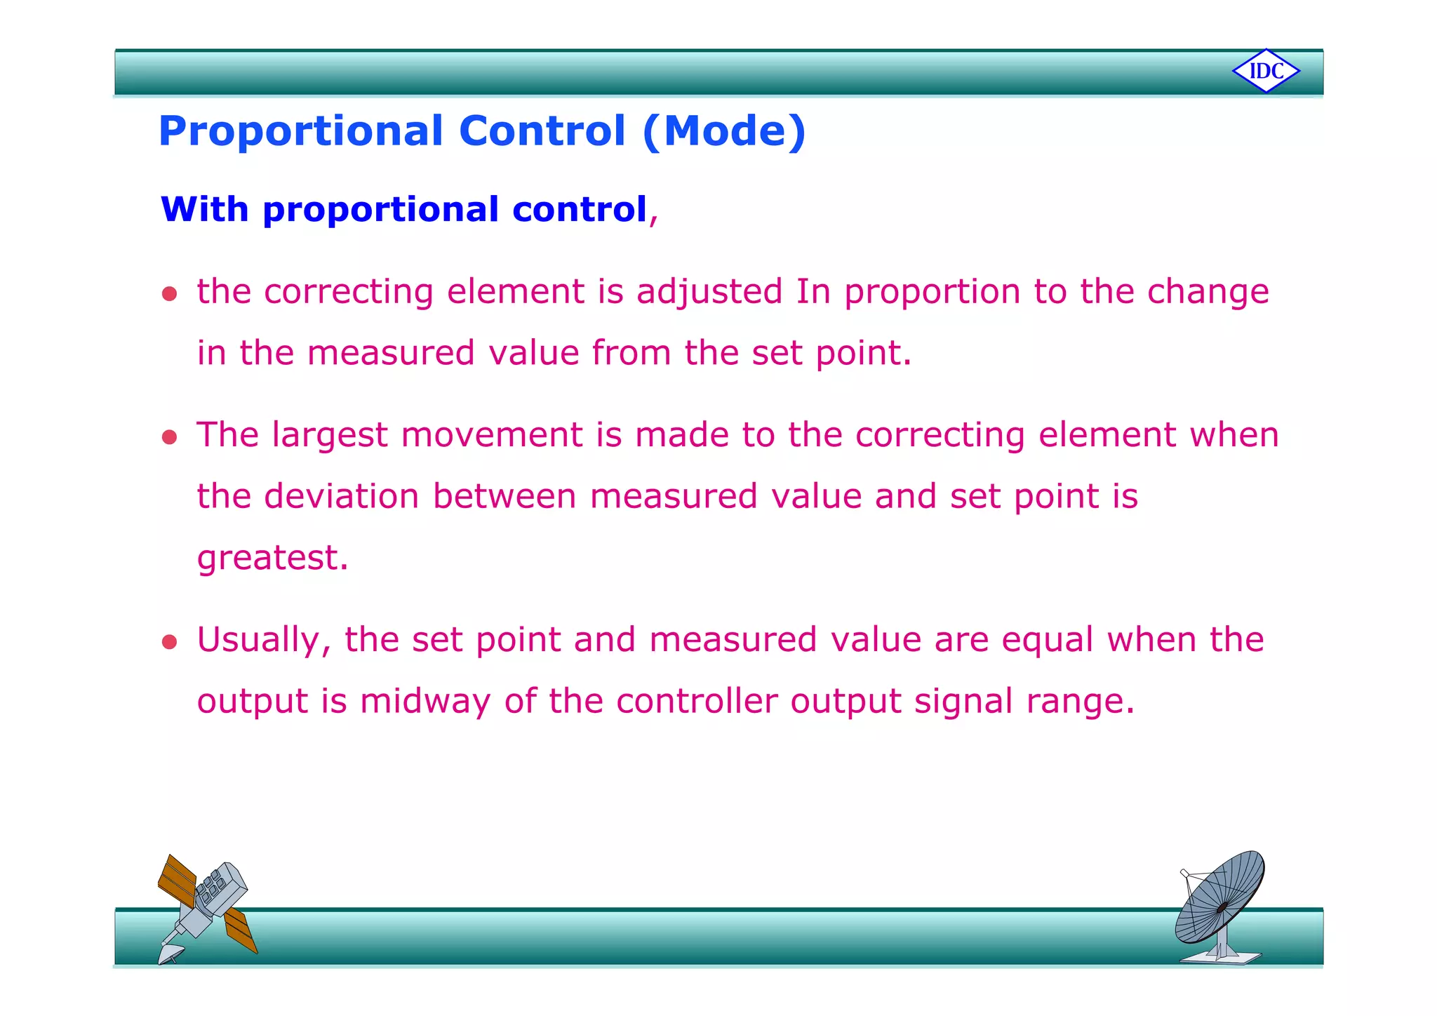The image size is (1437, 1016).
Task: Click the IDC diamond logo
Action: pos(1266,71)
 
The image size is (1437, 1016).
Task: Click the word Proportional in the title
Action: pos(301,131)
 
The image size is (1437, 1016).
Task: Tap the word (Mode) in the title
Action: pos(724,131)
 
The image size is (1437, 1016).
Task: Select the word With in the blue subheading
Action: pos(204,209)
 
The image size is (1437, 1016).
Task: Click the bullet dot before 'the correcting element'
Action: pos(169,293)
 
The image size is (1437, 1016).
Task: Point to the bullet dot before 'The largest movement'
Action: pos(169,438)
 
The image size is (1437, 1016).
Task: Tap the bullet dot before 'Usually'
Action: pos(169,642)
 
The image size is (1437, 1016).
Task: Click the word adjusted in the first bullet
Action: pos(709,292)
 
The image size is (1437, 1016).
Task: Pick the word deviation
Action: pos(341,496)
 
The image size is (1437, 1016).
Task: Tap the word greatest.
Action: pos(272,559)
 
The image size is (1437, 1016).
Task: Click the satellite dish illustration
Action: pos(1220,898)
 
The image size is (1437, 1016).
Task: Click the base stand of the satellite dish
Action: pos(1221,956)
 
